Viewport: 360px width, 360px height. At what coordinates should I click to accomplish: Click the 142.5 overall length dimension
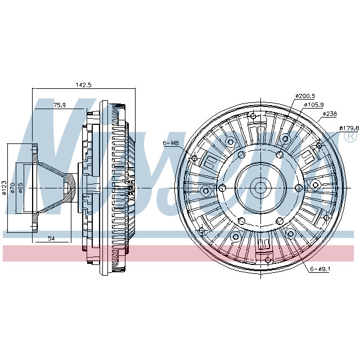click(x=83, y=85)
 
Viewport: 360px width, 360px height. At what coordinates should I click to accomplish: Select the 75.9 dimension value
click(x=60, y=105)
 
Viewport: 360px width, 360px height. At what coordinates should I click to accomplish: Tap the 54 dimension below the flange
click(x=51, y=239)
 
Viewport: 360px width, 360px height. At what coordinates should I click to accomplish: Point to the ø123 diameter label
click(x=4, y=187)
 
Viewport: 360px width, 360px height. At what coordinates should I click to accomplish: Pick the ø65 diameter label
click(x=21, y=187)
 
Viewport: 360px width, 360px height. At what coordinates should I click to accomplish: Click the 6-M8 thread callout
click(x=170, y=143)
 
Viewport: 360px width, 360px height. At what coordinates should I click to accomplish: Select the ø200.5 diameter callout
click(x=305, y=96)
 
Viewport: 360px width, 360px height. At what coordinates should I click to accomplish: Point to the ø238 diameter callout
click(x=330, y=114)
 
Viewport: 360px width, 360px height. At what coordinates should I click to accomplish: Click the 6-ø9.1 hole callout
click(x=319, y=269)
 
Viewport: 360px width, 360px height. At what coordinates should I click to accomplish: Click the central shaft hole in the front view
click(x=260, y=187)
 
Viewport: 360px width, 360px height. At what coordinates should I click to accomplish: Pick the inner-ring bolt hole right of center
click(x=298, y=187)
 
